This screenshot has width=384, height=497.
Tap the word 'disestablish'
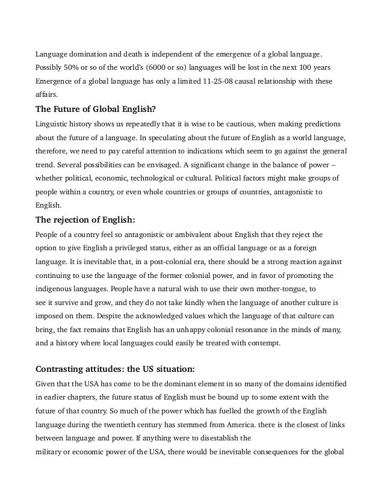[229, 438]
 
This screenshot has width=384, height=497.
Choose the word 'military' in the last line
[49, 452]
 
